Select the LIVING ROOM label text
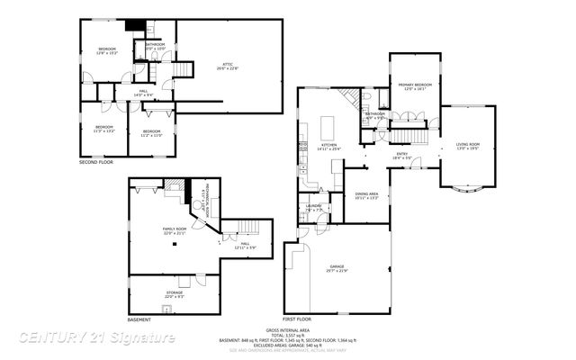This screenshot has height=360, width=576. (467, 147)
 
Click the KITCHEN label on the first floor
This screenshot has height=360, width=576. (329, 147)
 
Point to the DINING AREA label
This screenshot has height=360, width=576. (366, 196)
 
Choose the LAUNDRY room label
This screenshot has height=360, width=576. (313, 208)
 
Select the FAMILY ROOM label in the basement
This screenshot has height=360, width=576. (175, 232)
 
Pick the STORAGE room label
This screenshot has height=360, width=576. (174, 293)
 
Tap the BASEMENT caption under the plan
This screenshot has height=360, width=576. (139, 319)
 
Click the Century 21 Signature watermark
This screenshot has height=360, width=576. (97, 337)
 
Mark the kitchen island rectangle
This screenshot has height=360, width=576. (327, 122)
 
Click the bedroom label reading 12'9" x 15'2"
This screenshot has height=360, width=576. (107, 50)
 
